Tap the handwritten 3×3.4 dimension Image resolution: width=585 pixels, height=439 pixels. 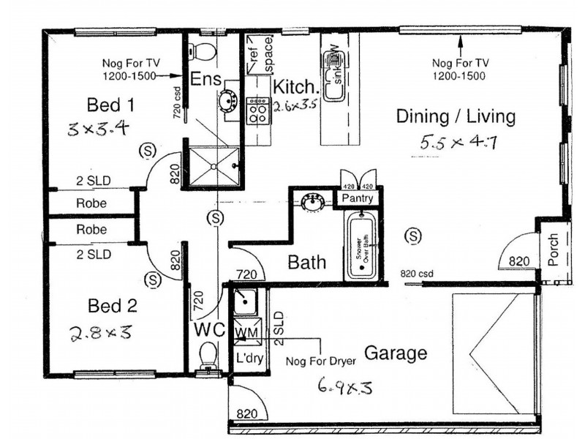coord(98,130)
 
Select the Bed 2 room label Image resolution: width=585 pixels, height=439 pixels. coord(112,305)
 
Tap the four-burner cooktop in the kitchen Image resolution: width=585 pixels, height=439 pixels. coord(258,110)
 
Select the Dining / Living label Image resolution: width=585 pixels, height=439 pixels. coord(456,116)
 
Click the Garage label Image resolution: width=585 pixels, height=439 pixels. coord(395,354)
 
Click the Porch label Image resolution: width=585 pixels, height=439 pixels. coord(553,249)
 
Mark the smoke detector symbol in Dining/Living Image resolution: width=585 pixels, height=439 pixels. coord(414,236)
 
